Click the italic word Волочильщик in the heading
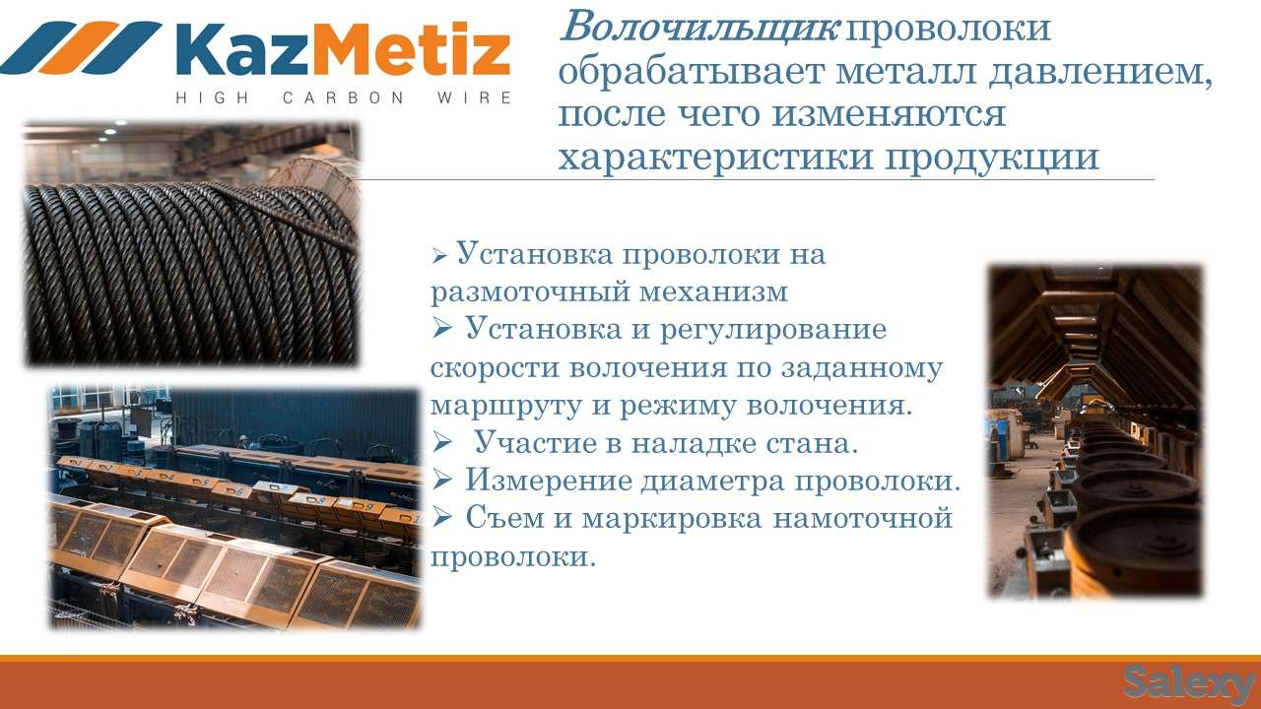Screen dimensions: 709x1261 (698, 28)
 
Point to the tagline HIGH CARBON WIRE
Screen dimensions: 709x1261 (343, 97)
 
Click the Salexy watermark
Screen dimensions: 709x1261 (1189, 682)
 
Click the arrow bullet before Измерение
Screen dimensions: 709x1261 (441, 481)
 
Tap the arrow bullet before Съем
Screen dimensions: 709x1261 (441, 518)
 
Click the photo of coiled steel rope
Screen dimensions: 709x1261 (191, 245)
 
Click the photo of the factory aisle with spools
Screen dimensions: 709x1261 (1095, 431)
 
